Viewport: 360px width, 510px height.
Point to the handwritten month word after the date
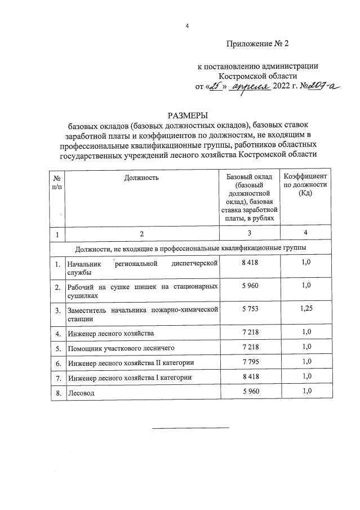[x=250, y=87]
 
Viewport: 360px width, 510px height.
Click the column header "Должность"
[x=141, y=178]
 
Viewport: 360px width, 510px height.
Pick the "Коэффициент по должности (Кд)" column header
[x=305, y=185]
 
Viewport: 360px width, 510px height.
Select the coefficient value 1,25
[x=305, y=309]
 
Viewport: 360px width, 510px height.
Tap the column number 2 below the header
[x=142, y=233]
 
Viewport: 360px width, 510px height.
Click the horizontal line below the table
[x=191, y=427]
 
